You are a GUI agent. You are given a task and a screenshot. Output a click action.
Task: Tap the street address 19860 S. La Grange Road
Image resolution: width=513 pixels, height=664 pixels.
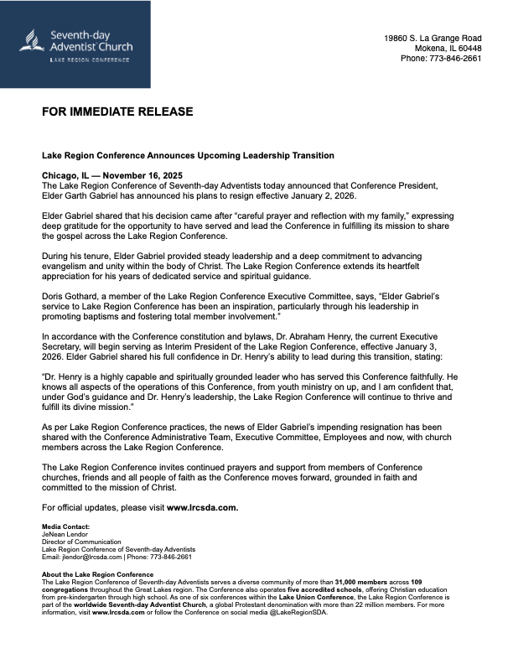click(x=433, y=39)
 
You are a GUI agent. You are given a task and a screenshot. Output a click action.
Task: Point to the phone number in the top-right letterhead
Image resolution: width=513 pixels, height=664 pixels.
click(x=441, y=59)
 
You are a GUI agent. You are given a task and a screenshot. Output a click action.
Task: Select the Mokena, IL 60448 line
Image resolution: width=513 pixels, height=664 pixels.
click(x=443, y=49)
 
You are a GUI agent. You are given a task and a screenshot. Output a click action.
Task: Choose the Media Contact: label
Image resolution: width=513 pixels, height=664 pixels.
click(x=65, y=527)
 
